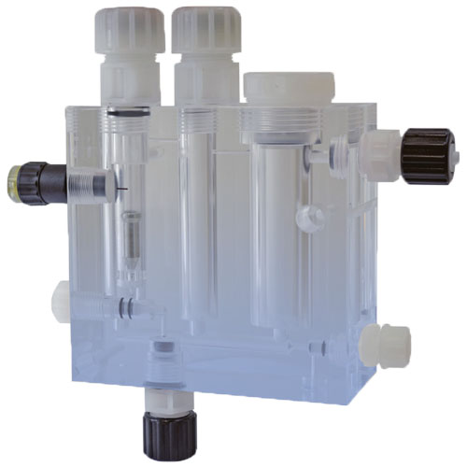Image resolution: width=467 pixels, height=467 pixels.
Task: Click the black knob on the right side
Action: point(428,157)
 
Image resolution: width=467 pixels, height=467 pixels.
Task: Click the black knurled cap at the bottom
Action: point(163,431)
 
